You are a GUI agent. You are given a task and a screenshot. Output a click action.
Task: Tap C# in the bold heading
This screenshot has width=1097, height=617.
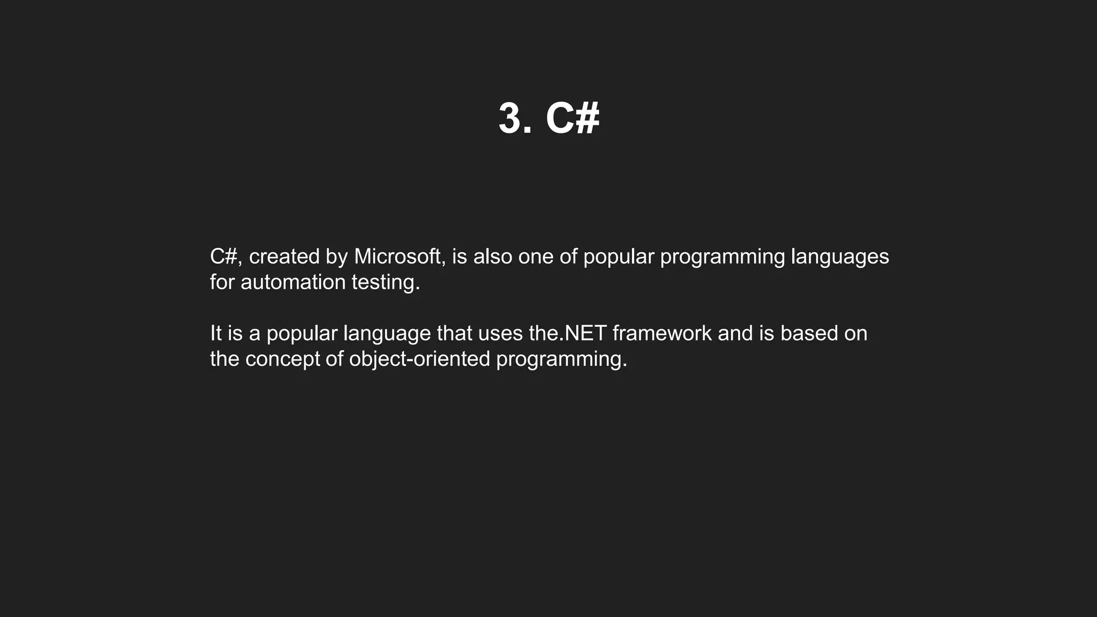click(x=572, y=118)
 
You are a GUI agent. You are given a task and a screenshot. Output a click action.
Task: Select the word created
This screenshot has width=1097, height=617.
click(x=284, y=257)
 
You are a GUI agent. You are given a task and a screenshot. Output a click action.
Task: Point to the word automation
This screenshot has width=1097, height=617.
click(x=293, y=282)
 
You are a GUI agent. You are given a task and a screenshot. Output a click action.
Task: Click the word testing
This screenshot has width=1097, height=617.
click(x=386, y=282)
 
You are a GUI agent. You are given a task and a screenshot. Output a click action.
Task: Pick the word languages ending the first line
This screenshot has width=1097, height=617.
click(x=839, y=257)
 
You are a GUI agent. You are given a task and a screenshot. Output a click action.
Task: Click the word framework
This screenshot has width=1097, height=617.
click(x=662, y=333)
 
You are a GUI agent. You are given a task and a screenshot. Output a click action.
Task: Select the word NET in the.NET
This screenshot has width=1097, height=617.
click(x=585, y=333)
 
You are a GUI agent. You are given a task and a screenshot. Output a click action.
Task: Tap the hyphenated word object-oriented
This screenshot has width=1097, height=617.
click(x=419, y=359)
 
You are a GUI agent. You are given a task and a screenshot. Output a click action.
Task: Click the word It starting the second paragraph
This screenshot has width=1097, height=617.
click(x=215, y=333)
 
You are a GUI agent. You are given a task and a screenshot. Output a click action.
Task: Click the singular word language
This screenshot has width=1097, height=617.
click(x=387, y=333)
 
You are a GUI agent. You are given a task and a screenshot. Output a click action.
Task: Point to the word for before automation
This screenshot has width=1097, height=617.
click(x=222, y=282)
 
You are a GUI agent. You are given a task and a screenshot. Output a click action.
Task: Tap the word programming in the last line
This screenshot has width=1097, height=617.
click(x=561, y=359)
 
